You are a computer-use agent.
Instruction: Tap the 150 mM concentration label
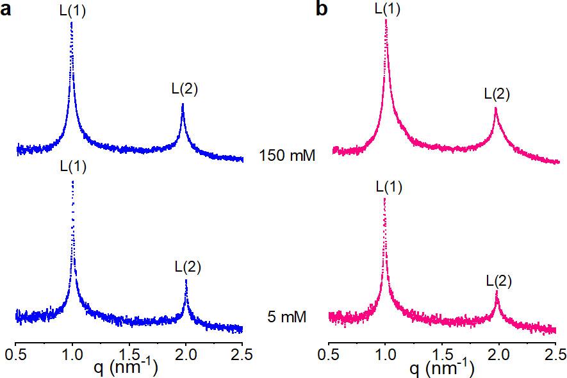coord(288,156)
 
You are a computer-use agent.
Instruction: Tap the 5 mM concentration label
coord(288,316)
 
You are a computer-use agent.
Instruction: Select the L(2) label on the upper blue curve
coord(184,90)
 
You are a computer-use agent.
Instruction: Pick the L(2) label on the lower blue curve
coord(188,267)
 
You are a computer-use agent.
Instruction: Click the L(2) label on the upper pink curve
coord(497,94)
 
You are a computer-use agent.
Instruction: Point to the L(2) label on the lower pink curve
coord(498,280)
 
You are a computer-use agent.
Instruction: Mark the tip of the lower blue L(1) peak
coord(72,181)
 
